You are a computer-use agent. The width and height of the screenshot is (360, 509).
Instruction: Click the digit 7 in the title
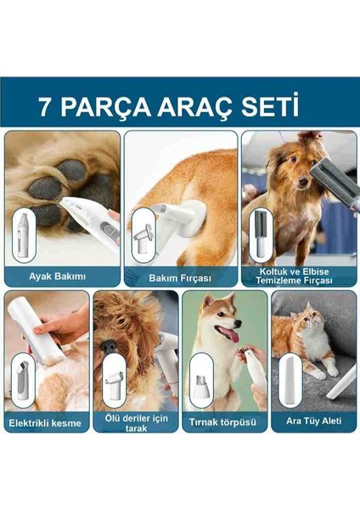pos(46,107)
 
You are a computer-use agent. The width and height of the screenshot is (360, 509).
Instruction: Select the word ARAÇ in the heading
pos(195,108)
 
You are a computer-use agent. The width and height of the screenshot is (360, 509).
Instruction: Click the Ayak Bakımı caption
pos(57,277)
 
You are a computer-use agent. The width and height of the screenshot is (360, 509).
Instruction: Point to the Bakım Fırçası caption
pos(180,278)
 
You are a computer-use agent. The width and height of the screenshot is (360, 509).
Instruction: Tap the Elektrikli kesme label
pos(45,423)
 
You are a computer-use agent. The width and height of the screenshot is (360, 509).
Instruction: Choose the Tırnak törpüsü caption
pos(222,422)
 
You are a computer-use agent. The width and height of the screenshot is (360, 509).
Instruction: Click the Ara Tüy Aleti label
pos(313,421)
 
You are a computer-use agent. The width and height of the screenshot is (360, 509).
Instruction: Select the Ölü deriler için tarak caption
pos(136,423)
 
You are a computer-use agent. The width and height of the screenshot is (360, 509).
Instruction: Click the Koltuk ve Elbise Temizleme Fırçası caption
pos(294,276)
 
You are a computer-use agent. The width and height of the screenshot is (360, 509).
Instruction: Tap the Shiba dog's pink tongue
pos(230,333)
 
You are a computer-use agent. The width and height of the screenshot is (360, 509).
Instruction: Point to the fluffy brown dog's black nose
pos(108,347)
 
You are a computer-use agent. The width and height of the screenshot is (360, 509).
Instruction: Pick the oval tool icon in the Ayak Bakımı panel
pos(24,235)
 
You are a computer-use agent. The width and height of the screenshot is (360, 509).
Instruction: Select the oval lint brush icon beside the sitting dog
pos(261,235)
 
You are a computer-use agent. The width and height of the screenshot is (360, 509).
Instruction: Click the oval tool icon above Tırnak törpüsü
pos(200,381)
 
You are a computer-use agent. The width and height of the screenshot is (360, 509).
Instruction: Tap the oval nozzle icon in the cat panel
pos(290,380)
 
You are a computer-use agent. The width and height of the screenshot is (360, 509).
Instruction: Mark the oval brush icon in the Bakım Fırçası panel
pos(143,235)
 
